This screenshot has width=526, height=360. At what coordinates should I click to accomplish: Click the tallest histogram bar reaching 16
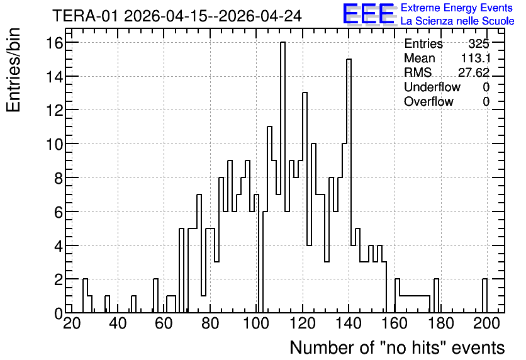283,177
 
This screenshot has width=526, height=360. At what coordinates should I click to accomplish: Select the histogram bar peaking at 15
349,186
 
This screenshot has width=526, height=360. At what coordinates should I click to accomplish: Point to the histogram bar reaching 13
305,203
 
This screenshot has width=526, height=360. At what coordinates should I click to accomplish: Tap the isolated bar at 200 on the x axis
484,296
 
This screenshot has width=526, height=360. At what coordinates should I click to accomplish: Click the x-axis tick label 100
256,323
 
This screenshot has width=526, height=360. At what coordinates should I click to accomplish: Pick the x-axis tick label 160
394,323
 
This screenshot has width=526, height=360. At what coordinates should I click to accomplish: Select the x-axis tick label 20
72,323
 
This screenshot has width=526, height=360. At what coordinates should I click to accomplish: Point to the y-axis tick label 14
54,77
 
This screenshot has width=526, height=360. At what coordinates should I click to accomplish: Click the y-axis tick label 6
59,212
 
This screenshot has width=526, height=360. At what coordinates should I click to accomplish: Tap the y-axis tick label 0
59,313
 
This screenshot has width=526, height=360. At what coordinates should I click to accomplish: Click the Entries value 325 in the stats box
479,43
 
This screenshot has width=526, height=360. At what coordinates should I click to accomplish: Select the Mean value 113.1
476,58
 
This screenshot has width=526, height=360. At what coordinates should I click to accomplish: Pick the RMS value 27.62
474,72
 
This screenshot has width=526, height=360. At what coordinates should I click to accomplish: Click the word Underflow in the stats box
432,87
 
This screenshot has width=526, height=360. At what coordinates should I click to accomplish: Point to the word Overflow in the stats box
428,101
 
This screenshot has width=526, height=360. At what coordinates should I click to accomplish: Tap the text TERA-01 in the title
85,16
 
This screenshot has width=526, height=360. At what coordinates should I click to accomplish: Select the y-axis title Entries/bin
13,70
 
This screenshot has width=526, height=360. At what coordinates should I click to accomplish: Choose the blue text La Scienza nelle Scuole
457,21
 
